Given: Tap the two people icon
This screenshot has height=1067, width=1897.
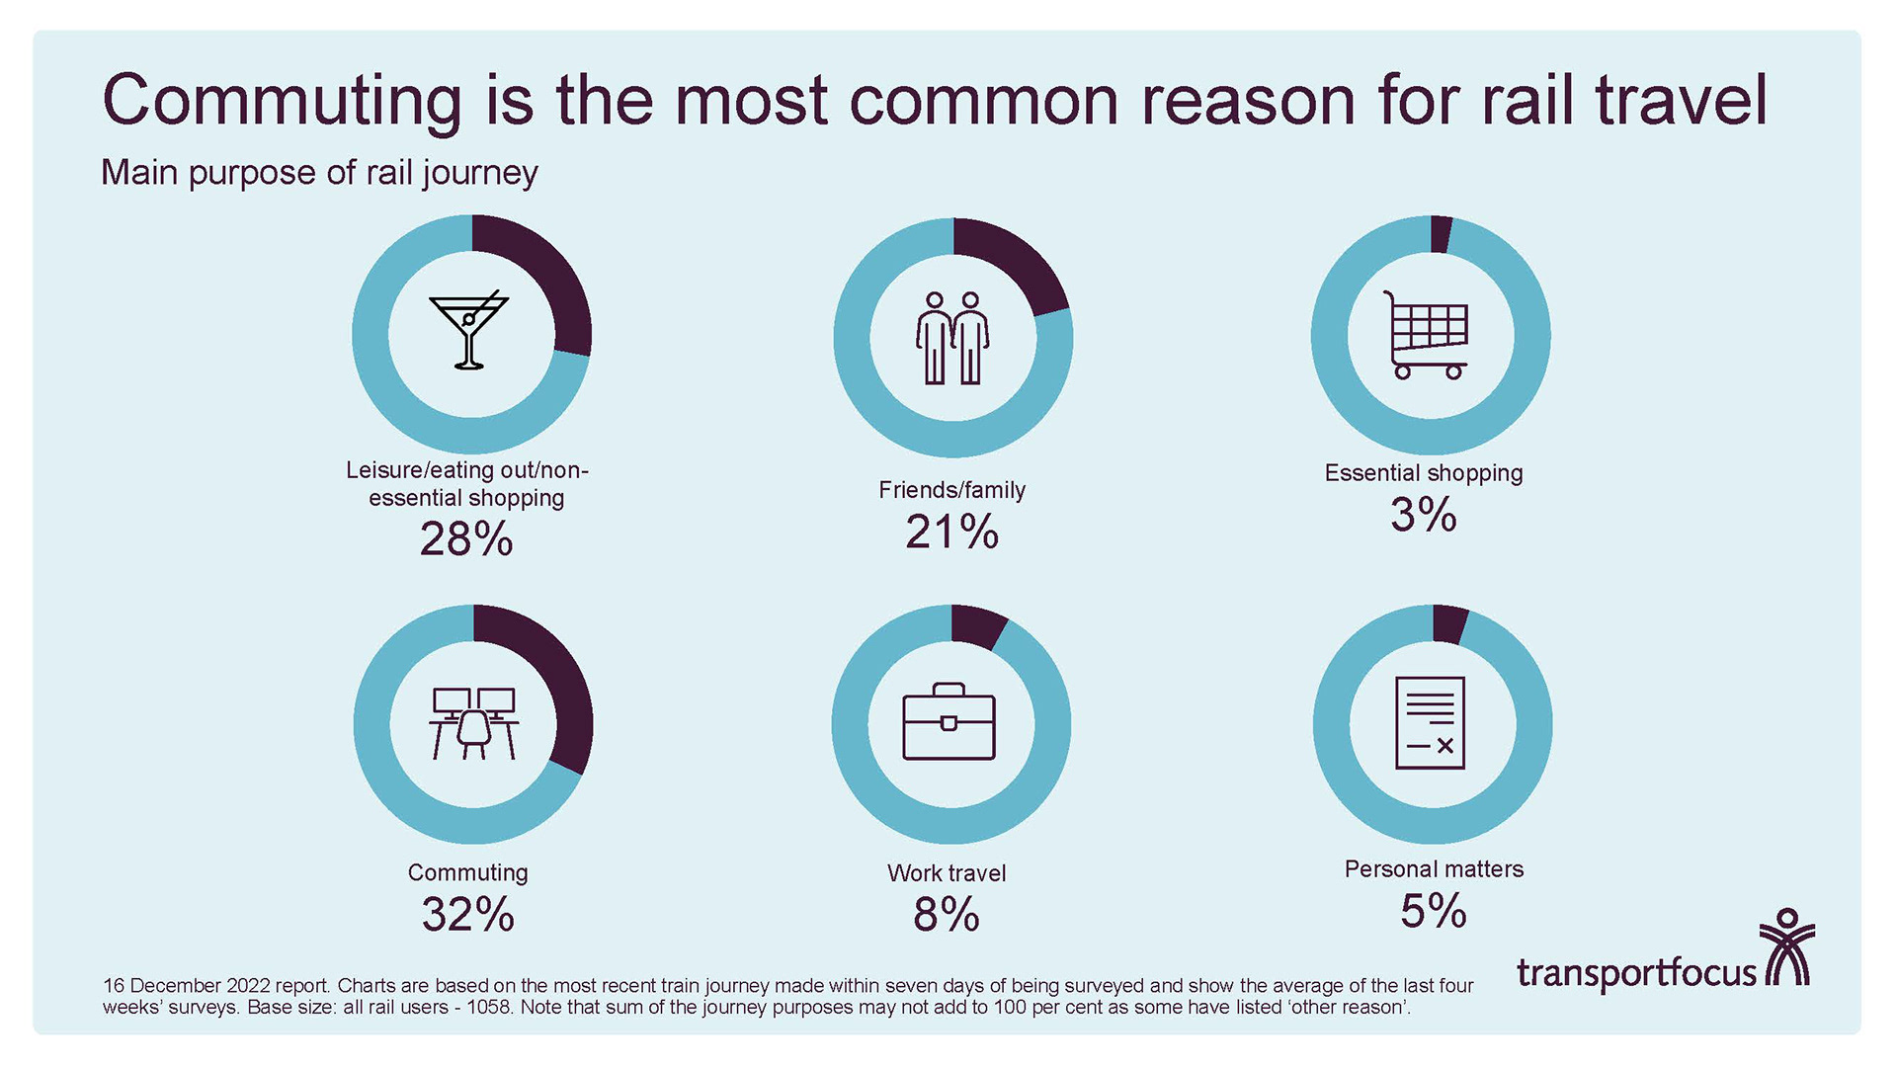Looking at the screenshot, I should point(952,339).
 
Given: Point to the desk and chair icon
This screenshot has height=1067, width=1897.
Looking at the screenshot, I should point(473,723).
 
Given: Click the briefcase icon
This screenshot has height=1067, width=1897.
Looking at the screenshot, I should point(948,722).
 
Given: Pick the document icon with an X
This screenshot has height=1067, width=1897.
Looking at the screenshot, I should point(1430,723).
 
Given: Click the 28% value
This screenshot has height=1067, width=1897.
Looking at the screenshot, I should point(466,539).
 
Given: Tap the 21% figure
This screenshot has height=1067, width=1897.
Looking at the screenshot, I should point(951,533).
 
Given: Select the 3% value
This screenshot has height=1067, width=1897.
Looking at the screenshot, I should point(1423,515).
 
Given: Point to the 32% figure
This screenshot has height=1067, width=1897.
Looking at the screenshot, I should point(467,915).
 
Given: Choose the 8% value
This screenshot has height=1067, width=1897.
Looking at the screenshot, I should point(946,915).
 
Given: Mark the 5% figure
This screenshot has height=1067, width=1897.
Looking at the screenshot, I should point(1433,911).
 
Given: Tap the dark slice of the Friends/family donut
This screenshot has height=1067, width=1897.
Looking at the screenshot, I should point(1018,262).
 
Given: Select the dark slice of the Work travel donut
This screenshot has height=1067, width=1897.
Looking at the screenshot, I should point(976,626).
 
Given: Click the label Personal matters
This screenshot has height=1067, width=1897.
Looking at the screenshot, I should point(1434,869).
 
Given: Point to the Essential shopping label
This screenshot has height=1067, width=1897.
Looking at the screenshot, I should point(1423,473).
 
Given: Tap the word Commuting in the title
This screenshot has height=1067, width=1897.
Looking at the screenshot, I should point(282,101).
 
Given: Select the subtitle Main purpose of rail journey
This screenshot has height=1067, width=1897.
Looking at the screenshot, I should point(319,173).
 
